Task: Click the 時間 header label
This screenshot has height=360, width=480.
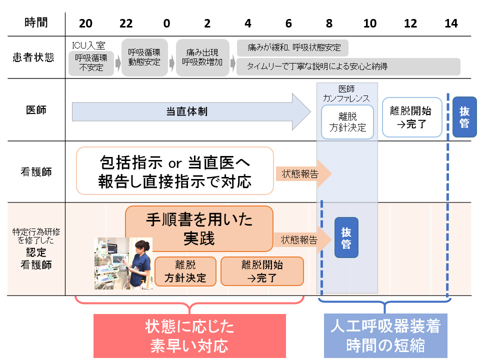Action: (x=35, y=23)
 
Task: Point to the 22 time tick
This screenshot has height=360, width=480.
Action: (x=126, y=23)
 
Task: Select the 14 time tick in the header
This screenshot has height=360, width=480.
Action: (x=450, y=23)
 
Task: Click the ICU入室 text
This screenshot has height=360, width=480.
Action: (x=88, y=45)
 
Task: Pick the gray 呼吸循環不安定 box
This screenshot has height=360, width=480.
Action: (x=91, y=63)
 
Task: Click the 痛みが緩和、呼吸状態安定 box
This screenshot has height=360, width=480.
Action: (x=292, y=48)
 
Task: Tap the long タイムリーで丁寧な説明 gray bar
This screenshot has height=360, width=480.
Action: (x=348, y=66)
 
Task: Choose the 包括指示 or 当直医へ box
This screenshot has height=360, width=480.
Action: (x=174, y=170)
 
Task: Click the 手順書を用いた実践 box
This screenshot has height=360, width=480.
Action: (x=199, y=228)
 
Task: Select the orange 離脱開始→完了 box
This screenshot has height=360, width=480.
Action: (x=262, y=271)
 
